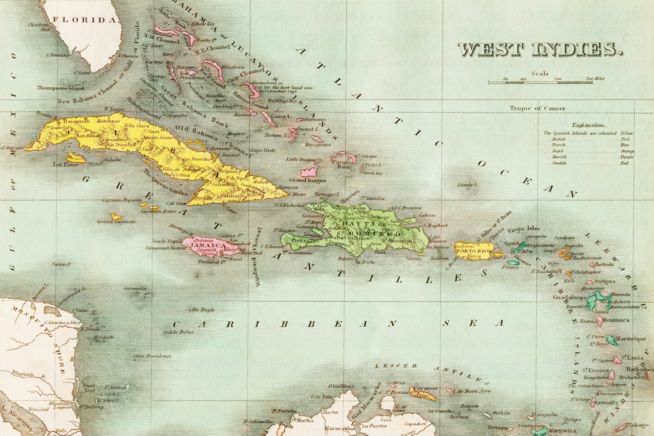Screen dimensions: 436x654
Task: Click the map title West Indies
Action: coord(540,49)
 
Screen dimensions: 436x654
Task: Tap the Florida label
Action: coord(85,20)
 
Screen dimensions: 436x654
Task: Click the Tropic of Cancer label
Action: coord(538,108)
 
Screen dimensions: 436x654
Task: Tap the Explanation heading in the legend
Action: coord(588,125)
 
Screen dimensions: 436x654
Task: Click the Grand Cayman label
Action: coord(116,221)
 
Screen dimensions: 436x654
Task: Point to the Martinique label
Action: coord(630,339)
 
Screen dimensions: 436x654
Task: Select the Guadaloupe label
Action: coord(569,297)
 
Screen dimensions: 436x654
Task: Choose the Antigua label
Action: coord(604,281)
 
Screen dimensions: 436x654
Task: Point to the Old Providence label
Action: coord(153,356)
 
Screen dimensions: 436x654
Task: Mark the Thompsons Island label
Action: coord(60,88)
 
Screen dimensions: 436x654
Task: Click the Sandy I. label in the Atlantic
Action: coord(467,185)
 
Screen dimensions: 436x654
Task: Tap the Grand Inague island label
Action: coord(308,180)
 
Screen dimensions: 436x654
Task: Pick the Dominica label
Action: coord(617,320)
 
